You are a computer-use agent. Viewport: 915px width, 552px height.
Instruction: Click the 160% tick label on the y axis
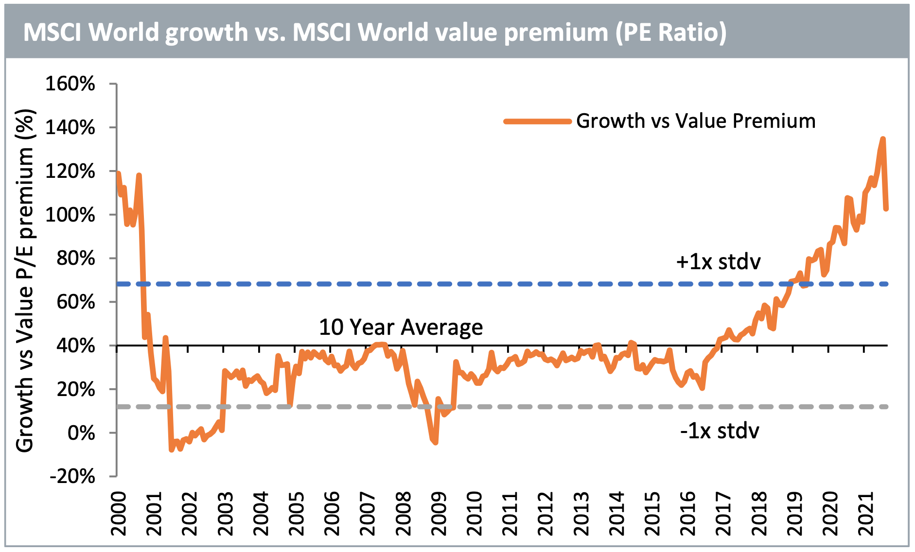[70, 84]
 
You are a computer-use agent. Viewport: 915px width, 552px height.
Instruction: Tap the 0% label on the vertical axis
[81, 433]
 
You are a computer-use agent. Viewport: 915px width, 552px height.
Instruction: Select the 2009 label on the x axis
[439, 514]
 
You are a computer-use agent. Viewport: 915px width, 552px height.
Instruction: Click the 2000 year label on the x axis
[118, 514]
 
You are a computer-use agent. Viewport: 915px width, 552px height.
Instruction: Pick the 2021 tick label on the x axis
[866, 514]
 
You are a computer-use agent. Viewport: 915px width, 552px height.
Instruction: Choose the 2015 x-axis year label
[652, 514]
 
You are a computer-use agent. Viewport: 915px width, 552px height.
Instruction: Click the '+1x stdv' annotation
[718, 262]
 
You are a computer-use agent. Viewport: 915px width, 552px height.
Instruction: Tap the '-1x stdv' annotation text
[720, 431]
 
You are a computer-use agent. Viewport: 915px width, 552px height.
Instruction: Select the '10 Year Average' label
[401, 328]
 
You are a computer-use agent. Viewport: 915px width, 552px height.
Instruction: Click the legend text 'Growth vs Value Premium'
[696, 121]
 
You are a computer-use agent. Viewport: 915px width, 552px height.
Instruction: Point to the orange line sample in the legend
[537, 121]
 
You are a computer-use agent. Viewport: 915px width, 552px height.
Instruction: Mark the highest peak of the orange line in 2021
[883, 139]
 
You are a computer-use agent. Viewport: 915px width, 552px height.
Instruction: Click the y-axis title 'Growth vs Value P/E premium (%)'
[25, 280]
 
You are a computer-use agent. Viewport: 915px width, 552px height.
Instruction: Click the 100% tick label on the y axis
[70, 215]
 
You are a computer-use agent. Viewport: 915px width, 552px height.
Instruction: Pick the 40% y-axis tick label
[76, 346]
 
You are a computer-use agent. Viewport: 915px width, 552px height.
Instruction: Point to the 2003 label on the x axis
[225, 514]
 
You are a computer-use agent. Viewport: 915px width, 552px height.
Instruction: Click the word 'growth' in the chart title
[207, 33]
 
